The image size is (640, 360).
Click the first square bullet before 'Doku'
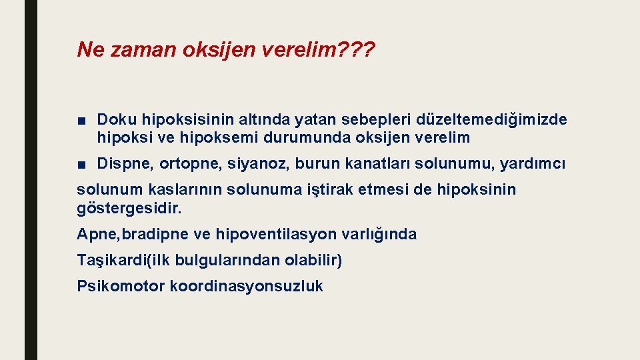81,120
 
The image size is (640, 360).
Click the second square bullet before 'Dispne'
81,164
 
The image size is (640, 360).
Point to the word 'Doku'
115,119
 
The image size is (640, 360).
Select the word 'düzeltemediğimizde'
492,119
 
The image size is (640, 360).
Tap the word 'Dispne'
120,163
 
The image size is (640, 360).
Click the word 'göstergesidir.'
129,208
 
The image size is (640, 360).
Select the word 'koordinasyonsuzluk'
246,287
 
